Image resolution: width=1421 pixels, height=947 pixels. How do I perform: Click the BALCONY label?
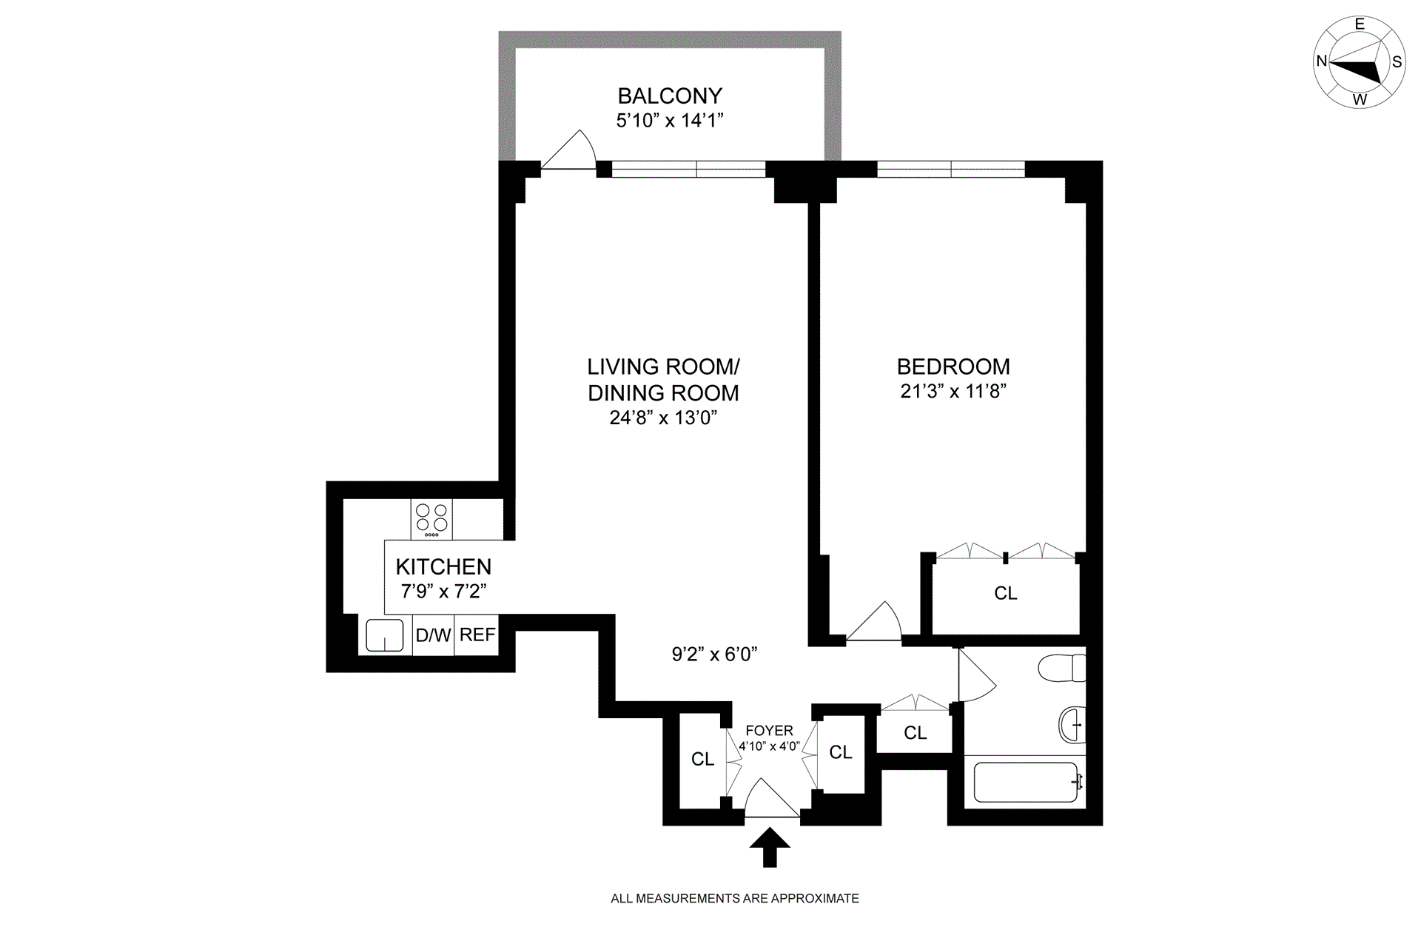[670, 96]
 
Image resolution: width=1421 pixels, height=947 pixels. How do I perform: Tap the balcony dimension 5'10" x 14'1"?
[670, 121]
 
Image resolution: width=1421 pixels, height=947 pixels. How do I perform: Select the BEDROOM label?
[953, 367]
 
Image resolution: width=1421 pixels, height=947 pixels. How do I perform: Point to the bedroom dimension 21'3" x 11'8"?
[953, 391]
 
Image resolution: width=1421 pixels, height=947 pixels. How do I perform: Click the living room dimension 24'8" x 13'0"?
[664, 418]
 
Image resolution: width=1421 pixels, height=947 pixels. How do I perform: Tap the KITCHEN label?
[443, 567]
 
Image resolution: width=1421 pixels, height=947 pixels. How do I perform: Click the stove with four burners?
[431, 519]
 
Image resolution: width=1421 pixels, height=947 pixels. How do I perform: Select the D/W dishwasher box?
[434, 635]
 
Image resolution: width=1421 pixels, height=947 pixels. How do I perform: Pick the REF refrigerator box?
[477, 635]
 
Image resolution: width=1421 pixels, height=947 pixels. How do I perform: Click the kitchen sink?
[385, 635]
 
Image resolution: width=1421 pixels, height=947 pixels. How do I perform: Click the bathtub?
[1026, 782]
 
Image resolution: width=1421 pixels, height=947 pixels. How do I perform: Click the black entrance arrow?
[770, 848]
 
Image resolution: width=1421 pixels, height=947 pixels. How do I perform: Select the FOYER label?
[769, 731]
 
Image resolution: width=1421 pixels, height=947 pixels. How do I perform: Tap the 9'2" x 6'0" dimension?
[714, 655]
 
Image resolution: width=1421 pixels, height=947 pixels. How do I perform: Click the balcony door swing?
[568, 150]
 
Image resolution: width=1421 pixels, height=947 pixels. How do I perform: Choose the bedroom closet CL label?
[1006, 594]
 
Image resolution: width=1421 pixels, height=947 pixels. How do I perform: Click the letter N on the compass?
[1321, 61]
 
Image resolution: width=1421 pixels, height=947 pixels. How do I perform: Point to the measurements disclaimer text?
[735, 899]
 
